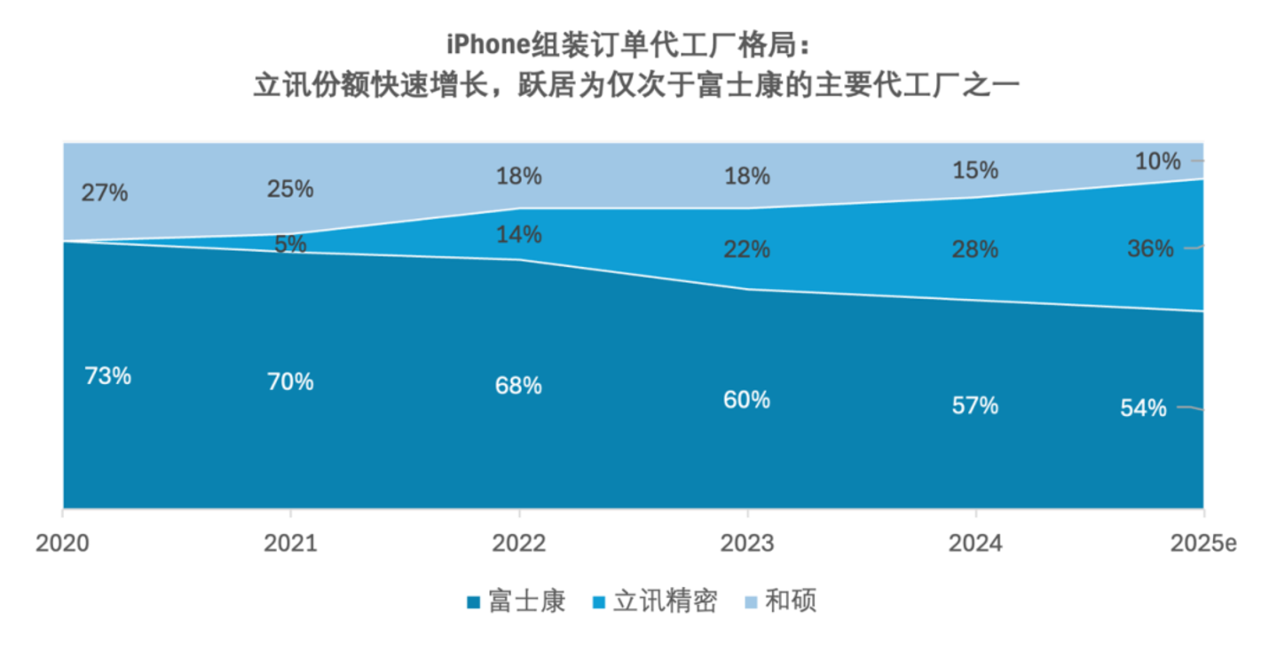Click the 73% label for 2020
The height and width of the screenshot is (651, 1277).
[108, 376]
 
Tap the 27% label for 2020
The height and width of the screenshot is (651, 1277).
[105, 192]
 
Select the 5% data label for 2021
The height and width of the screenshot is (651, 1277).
[290, 244]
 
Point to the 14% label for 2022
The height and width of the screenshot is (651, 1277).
[519, 235]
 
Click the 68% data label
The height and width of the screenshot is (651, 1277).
[519, 386]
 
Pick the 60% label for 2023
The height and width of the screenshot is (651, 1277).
[747, 400]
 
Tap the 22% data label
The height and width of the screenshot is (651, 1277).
[747, 250]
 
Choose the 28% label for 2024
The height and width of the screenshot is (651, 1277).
[975, 249]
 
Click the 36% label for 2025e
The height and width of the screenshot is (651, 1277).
[1151, 249]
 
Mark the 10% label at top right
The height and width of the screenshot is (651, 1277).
[1158, 161]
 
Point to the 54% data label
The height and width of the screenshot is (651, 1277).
[1143, 408]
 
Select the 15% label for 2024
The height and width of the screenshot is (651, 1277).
[975, 169]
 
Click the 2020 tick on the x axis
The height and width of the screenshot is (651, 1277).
[62, 543]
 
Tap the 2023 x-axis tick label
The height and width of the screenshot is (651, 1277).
[747, 543]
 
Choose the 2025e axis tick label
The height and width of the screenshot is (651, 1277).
[1202, 543]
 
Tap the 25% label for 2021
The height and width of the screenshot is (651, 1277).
[290, 189]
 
